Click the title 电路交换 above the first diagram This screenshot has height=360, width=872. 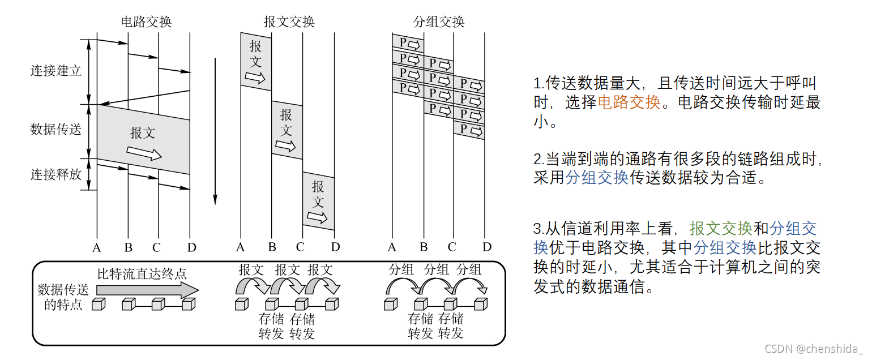146,22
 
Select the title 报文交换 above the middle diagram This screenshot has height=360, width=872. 289,22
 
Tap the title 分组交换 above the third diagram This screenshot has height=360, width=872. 439,22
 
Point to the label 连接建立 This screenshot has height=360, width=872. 56,71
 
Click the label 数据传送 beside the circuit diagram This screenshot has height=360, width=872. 56,129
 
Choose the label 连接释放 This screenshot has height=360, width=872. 56,174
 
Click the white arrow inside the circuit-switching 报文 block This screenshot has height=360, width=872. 144,153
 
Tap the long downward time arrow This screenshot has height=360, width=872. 215,130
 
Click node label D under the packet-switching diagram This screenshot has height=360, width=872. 487,247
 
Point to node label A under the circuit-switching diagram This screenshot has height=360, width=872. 97,247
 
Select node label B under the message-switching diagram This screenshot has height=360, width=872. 272,247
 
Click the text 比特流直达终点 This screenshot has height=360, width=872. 142,274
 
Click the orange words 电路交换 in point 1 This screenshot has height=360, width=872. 629,102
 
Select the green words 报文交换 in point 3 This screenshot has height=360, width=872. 721,229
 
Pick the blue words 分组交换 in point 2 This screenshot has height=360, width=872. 597,177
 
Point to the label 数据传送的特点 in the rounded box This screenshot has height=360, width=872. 63,297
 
